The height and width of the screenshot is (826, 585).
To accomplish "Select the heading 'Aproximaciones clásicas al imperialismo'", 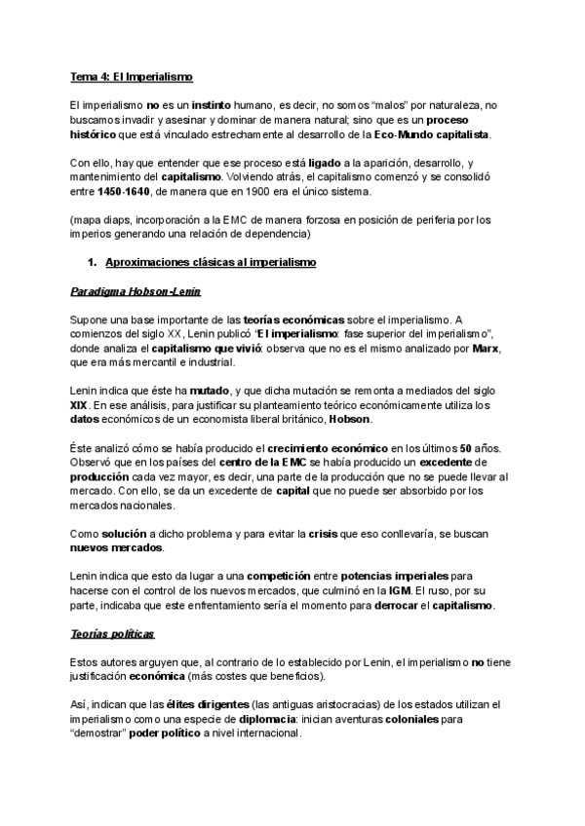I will point(211,262).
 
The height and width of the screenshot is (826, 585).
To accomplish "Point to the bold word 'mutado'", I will point(211,391).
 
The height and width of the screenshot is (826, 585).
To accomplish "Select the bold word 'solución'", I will point(123,536).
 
